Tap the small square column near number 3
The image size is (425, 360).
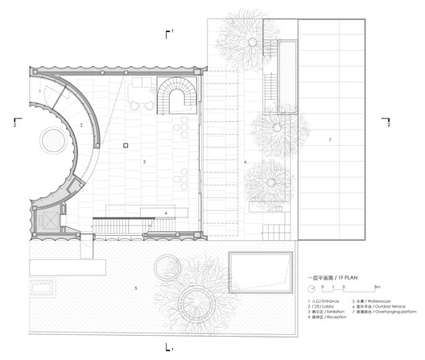(x=126, y=145)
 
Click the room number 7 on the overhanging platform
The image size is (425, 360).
(x=329, y=141)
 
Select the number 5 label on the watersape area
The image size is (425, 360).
(x=137, y=288)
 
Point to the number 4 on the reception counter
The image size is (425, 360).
(x=166, y=213)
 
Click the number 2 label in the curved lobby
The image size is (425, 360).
(x=81, y=126)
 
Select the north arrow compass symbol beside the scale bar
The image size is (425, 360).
(x=310, y=287)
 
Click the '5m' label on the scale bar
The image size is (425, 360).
(x=377, y=288)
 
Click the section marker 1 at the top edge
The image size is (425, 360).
(x=169, y=32)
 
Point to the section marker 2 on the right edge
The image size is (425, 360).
(x=388, y=124)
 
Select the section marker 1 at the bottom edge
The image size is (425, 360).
(x=169, y=347)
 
